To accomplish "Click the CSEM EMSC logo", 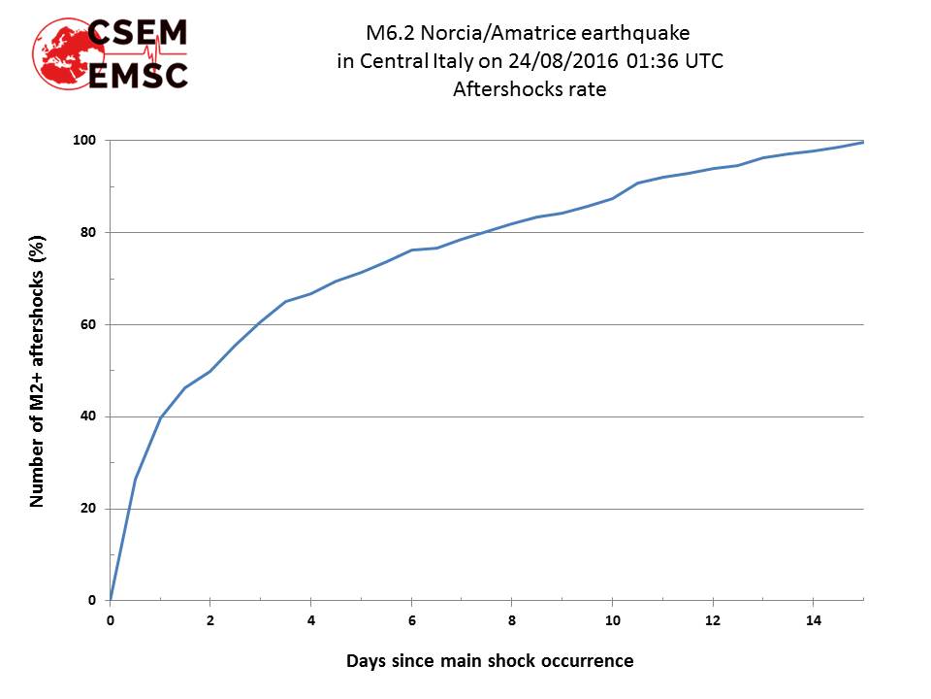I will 111,53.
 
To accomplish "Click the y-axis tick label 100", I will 85,141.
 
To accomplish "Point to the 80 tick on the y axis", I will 88,232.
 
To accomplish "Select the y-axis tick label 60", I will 88,324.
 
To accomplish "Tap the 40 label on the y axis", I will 88,416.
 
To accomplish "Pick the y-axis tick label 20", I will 88,509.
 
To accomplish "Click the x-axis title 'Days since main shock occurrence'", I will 490,661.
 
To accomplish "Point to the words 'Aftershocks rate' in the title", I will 530,89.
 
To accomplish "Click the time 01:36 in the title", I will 653,62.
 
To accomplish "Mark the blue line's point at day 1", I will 160,417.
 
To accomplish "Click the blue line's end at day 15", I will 862,142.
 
